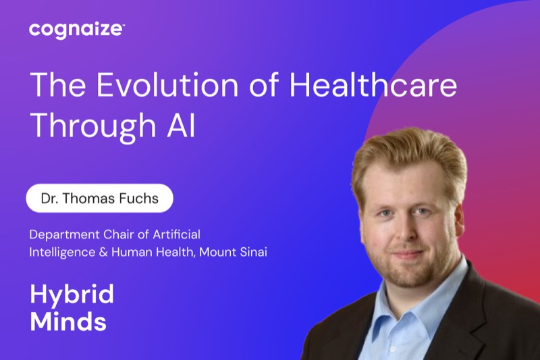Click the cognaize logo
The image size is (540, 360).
tap(77, 30)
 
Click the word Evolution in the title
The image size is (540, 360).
tap(167, 84)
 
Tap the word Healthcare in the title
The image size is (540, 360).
tap(373, 84)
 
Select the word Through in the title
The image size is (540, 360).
tap(93, 126)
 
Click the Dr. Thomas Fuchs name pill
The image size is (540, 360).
tap(99, 198)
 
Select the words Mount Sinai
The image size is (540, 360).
tap(233, 252)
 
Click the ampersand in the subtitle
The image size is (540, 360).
tap(103, 252)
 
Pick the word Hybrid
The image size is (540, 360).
tap(72, 295)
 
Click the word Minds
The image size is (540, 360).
tap(68, 321)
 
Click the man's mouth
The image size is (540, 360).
tap(408, 255)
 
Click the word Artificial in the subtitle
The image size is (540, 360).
tap(176, 234)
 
